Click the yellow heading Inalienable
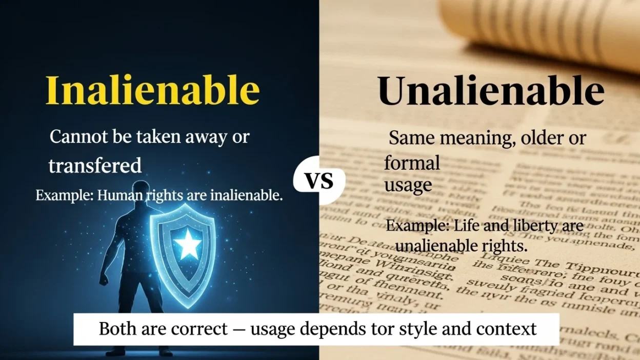pyautogui.click(x=152, y=91)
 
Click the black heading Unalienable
pyautogui.click(x=491, y=91)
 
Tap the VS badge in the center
pyautogui.click(x=319, y=181)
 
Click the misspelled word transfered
pyautogui.click(x=95, y=166)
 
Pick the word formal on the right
pyautogui.click(x=412, y=163)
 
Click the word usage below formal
pyautogui.click(x=408, y=185)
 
